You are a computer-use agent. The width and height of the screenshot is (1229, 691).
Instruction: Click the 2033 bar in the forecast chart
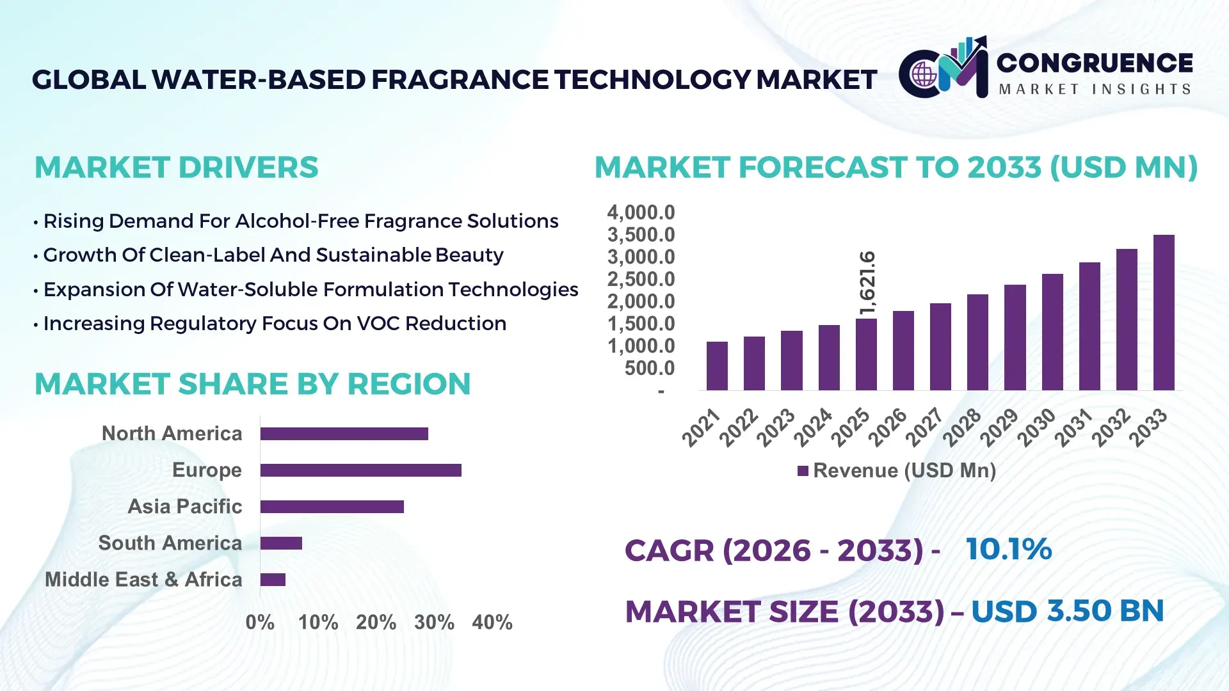click(x=1164, y=313)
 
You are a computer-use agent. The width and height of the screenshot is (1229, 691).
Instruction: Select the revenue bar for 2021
click(x=717, y=366)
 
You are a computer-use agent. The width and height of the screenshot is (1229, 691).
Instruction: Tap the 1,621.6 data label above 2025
click(x=867, y=283)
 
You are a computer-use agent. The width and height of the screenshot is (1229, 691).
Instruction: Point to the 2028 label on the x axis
click(x=962, y=427)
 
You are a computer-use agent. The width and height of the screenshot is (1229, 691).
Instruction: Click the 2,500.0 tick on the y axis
click(x=641, y=279)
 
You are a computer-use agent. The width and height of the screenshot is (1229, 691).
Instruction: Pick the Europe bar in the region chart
click(x=360, y=470)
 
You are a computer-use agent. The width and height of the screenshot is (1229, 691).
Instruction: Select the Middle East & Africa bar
click(x=273, y=580)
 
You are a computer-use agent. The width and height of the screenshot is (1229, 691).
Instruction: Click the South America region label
click(x=170, y=543)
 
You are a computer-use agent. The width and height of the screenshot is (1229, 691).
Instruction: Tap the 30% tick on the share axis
click(x=434, y=622)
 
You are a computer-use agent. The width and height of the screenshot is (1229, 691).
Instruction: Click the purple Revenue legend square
click(x=803, y=471)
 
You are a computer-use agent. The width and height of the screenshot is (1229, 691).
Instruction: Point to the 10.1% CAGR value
click(x=1008, y=549)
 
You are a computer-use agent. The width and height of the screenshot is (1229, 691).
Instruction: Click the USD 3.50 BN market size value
click(x=1067, y=611)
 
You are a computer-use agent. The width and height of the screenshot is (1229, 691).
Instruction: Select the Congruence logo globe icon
click(x=924, y=75)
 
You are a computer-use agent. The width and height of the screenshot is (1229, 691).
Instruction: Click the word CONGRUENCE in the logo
click(x=1095, y=63)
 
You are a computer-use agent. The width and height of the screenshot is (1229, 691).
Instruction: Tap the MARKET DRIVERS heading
click(x=176, y=168)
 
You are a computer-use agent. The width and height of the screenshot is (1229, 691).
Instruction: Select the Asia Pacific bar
click(x=332, y=507)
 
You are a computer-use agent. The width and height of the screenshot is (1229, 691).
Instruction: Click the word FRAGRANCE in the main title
click(x=460, y=80)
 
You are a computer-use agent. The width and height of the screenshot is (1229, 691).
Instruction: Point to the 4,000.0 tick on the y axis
click(x=641, y=212)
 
